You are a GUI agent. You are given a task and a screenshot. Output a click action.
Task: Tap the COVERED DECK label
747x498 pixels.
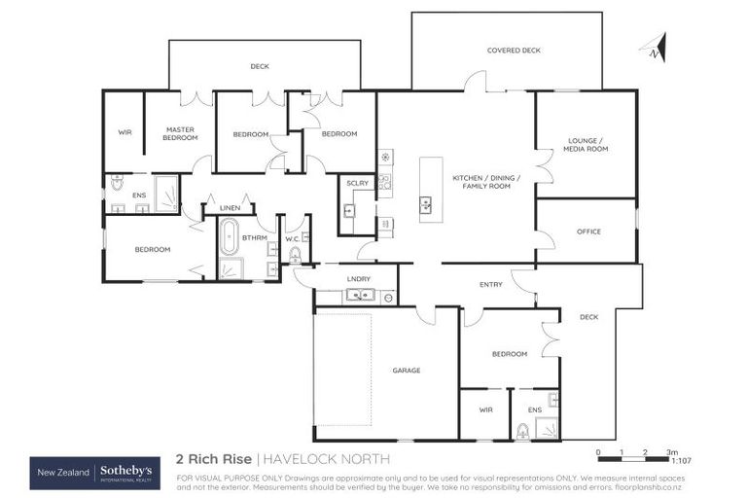point(513,51)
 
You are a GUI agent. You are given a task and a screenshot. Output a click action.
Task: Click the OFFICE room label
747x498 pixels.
point(588,231)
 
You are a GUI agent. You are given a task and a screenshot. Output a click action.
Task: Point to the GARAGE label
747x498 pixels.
point(406,370)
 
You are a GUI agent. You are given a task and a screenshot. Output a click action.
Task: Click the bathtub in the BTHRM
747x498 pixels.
point(229,236)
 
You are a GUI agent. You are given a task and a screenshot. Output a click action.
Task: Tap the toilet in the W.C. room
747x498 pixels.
point(295,255)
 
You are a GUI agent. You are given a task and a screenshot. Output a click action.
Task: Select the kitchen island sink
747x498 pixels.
point(426,204)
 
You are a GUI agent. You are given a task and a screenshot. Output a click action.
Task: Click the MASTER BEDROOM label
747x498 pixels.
point(180,133)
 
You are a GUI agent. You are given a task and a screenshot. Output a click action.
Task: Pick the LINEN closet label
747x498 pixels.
point(230,208)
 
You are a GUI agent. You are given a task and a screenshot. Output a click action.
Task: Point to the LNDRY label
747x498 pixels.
point(358,279)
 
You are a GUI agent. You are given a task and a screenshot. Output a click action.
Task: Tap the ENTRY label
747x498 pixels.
point(490,284)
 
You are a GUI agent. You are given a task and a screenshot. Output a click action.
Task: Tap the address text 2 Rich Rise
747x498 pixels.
point(213,458)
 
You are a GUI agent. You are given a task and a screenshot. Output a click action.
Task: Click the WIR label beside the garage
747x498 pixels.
point(485,409)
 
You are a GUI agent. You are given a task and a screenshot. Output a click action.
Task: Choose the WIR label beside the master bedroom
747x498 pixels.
point(124,131)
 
